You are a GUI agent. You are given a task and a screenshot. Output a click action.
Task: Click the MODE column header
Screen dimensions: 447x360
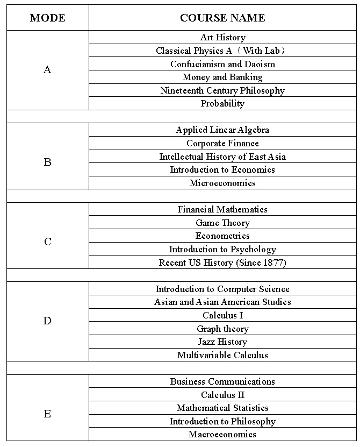coord(47,18)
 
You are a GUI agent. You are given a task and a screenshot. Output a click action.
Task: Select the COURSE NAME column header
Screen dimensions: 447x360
coord(222,18)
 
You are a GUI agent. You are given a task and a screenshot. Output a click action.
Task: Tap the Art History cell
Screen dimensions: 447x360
coord(222,37)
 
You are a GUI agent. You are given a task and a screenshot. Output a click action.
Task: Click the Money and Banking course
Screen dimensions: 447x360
coord(222,77)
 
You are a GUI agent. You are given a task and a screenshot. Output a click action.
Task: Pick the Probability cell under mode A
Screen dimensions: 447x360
coord(222,103)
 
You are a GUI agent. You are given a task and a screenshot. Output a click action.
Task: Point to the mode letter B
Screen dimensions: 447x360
coord(47,162)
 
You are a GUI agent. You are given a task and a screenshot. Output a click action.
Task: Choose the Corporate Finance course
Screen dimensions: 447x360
coord(222,143)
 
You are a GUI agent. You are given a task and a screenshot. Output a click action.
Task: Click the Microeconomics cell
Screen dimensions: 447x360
coord(222,183)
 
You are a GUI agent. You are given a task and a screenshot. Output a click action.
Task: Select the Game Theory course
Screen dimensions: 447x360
coord(222,223)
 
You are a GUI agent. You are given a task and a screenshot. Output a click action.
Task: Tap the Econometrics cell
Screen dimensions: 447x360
coord(222,236)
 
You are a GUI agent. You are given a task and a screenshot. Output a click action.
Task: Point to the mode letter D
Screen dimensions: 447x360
coord(47,321)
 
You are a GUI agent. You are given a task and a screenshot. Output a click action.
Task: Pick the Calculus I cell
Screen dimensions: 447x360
coord(222,315)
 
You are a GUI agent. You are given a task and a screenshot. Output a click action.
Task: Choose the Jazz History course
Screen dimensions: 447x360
coord(222,342)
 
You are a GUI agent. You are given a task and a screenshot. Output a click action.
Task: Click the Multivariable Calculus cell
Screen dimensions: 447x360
coord(222,355)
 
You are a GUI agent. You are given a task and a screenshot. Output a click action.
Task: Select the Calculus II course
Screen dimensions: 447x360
coord(222,395)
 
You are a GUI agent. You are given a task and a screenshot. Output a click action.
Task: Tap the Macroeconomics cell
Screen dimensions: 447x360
coord(222,434)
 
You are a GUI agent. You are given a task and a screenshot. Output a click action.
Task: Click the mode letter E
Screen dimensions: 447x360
coord(47,414)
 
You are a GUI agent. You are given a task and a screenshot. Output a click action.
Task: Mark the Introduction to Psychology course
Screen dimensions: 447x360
coord(222,249)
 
